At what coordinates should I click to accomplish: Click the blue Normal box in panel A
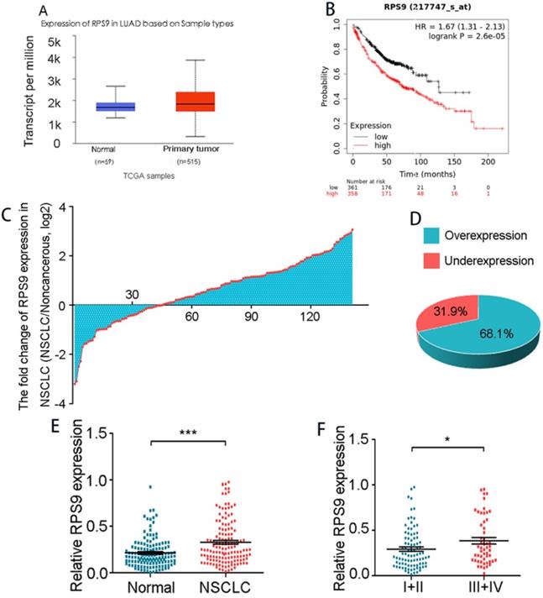(x=116, y=107)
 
